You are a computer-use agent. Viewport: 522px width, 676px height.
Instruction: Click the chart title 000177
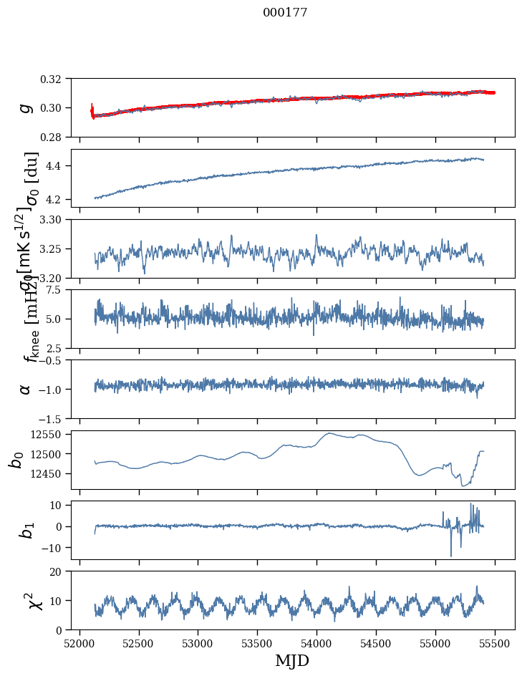coord(285,13)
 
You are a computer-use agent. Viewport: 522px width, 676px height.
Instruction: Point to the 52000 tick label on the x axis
coord(79,643)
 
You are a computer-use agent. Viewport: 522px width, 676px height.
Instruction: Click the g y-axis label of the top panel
coord(26,107)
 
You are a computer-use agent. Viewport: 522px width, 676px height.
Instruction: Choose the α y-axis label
coord(26,389)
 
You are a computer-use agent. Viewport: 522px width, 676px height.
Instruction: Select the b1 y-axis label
coord(26,530)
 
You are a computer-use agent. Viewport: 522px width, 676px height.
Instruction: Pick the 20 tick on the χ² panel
coord(60,571)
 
